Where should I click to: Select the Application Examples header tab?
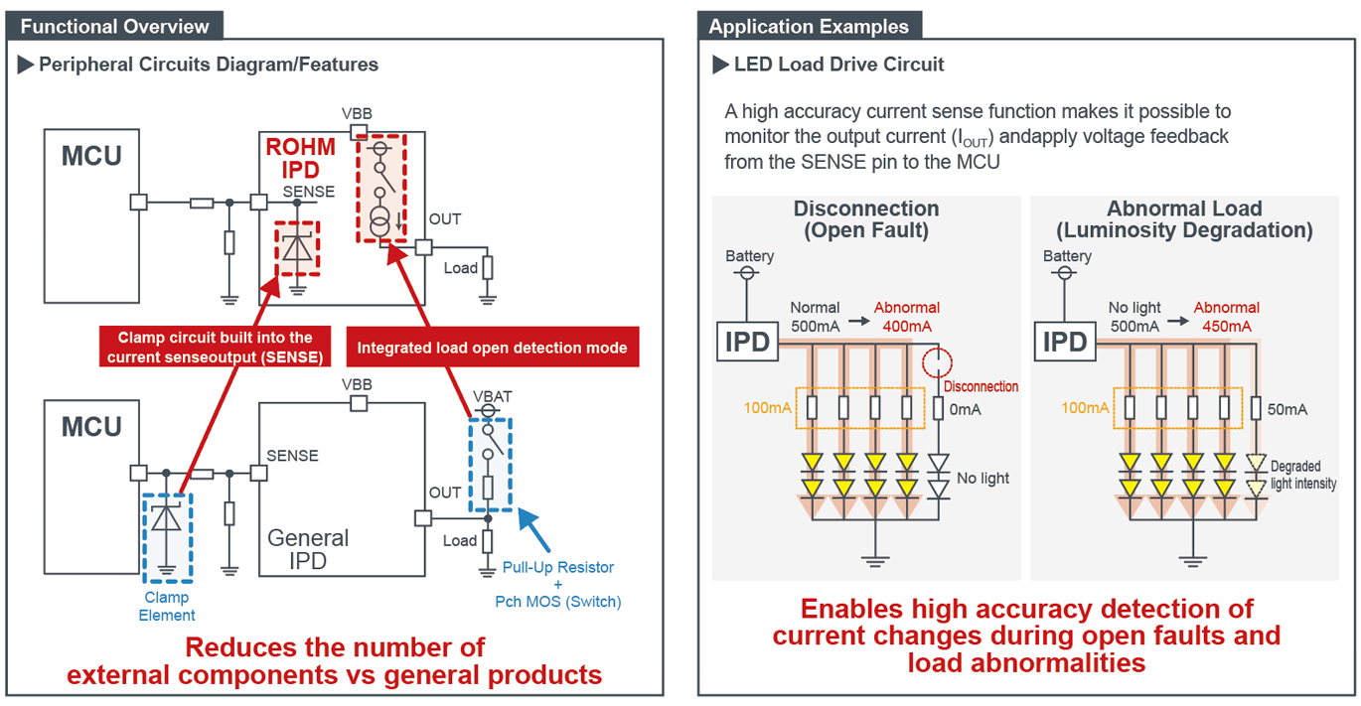pos(809,26)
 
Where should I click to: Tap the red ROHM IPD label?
pos(300,159)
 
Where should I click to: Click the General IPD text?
pos(308,550)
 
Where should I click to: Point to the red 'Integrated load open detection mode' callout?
pos(492,348)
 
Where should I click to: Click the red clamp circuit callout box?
pos(216,348)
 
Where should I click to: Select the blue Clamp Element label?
pos(167,606)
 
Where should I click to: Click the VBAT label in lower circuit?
pos(493,397)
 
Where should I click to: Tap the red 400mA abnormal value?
pos(907,326)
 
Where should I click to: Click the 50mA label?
pos(1286,408)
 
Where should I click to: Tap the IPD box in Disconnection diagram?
pos(747,342)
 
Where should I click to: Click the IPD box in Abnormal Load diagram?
pos(1065,342)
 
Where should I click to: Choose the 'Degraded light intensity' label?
pos(1302,475)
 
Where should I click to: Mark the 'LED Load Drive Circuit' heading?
pos(838,65)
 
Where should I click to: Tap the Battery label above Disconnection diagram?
pos(749,256)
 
